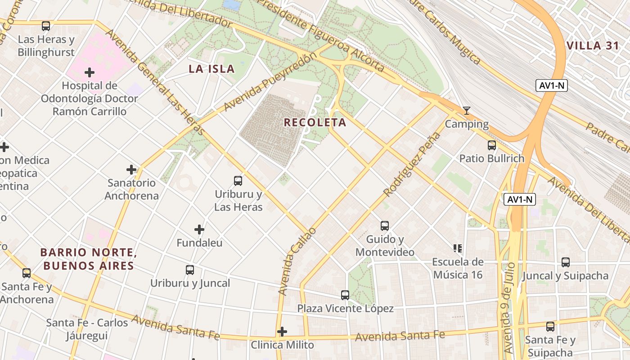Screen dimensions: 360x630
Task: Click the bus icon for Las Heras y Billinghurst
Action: pos(46,26)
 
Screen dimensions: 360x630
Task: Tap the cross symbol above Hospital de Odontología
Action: pos(90,72)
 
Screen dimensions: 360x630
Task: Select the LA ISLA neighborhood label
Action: pos(211,69)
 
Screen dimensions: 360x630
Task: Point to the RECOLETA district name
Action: pos(315,122)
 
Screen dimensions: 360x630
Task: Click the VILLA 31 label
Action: pos(590,45)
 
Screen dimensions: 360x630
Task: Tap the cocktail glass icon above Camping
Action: pos(467,110)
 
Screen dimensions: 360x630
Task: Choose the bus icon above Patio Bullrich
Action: pos(492,145)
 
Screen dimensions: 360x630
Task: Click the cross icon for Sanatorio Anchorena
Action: pos(131,170)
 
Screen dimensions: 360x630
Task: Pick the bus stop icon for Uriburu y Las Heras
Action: pos(238,181)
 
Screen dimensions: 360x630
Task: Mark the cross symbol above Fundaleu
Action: pos(199,229)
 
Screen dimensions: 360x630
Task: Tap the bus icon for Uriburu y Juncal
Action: pos(190,270)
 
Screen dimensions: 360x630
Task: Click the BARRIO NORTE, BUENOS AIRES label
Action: pos(88,259)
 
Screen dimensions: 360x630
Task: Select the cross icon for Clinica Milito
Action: pos(282,332)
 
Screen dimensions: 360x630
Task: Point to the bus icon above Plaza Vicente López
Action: pos(345,295)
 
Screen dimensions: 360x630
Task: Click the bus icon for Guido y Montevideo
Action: pos(385,226)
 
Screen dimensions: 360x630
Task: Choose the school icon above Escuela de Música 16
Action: pos(458,248)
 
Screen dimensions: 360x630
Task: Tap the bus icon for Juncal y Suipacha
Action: pos(566,262)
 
